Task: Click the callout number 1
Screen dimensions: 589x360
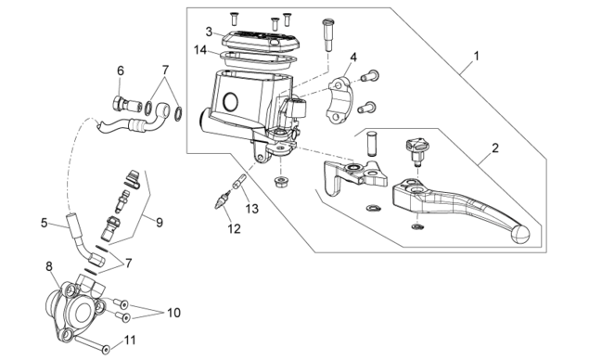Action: click(477, 57)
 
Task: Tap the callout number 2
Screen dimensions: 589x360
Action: click(495, 148)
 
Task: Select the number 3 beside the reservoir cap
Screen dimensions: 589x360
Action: click(210, 32)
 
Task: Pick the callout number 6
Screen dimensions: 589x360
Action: click(121, 71)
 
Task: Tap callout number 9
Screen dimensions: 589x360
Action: click(160, 223)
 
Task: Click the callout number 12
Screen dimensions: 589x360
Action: click(234, 228)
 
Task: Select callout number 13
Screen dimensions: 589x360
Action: click(252, 209)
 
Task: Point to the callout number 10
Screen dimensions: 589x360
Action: click(174, 313)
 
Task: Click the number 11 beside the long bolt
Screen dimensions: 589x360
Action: click(130, 341)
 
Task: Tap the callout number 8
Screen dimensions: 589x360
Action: click(49, 267)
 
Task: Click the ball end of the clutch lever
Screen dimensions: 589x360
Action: click(520, 234)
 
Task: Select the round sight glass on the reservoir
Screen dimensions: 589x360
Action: click(230, 101)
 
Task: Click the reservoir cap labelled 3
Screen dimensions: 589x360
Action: click(260, 40)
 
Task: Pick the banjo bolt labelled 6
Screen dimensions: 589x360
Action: click(127, 104)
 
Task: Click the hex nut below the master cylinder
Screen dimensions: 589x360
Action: click(280, 182)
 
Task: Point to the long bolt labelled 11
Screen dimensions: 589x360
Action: click(92, 344)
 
